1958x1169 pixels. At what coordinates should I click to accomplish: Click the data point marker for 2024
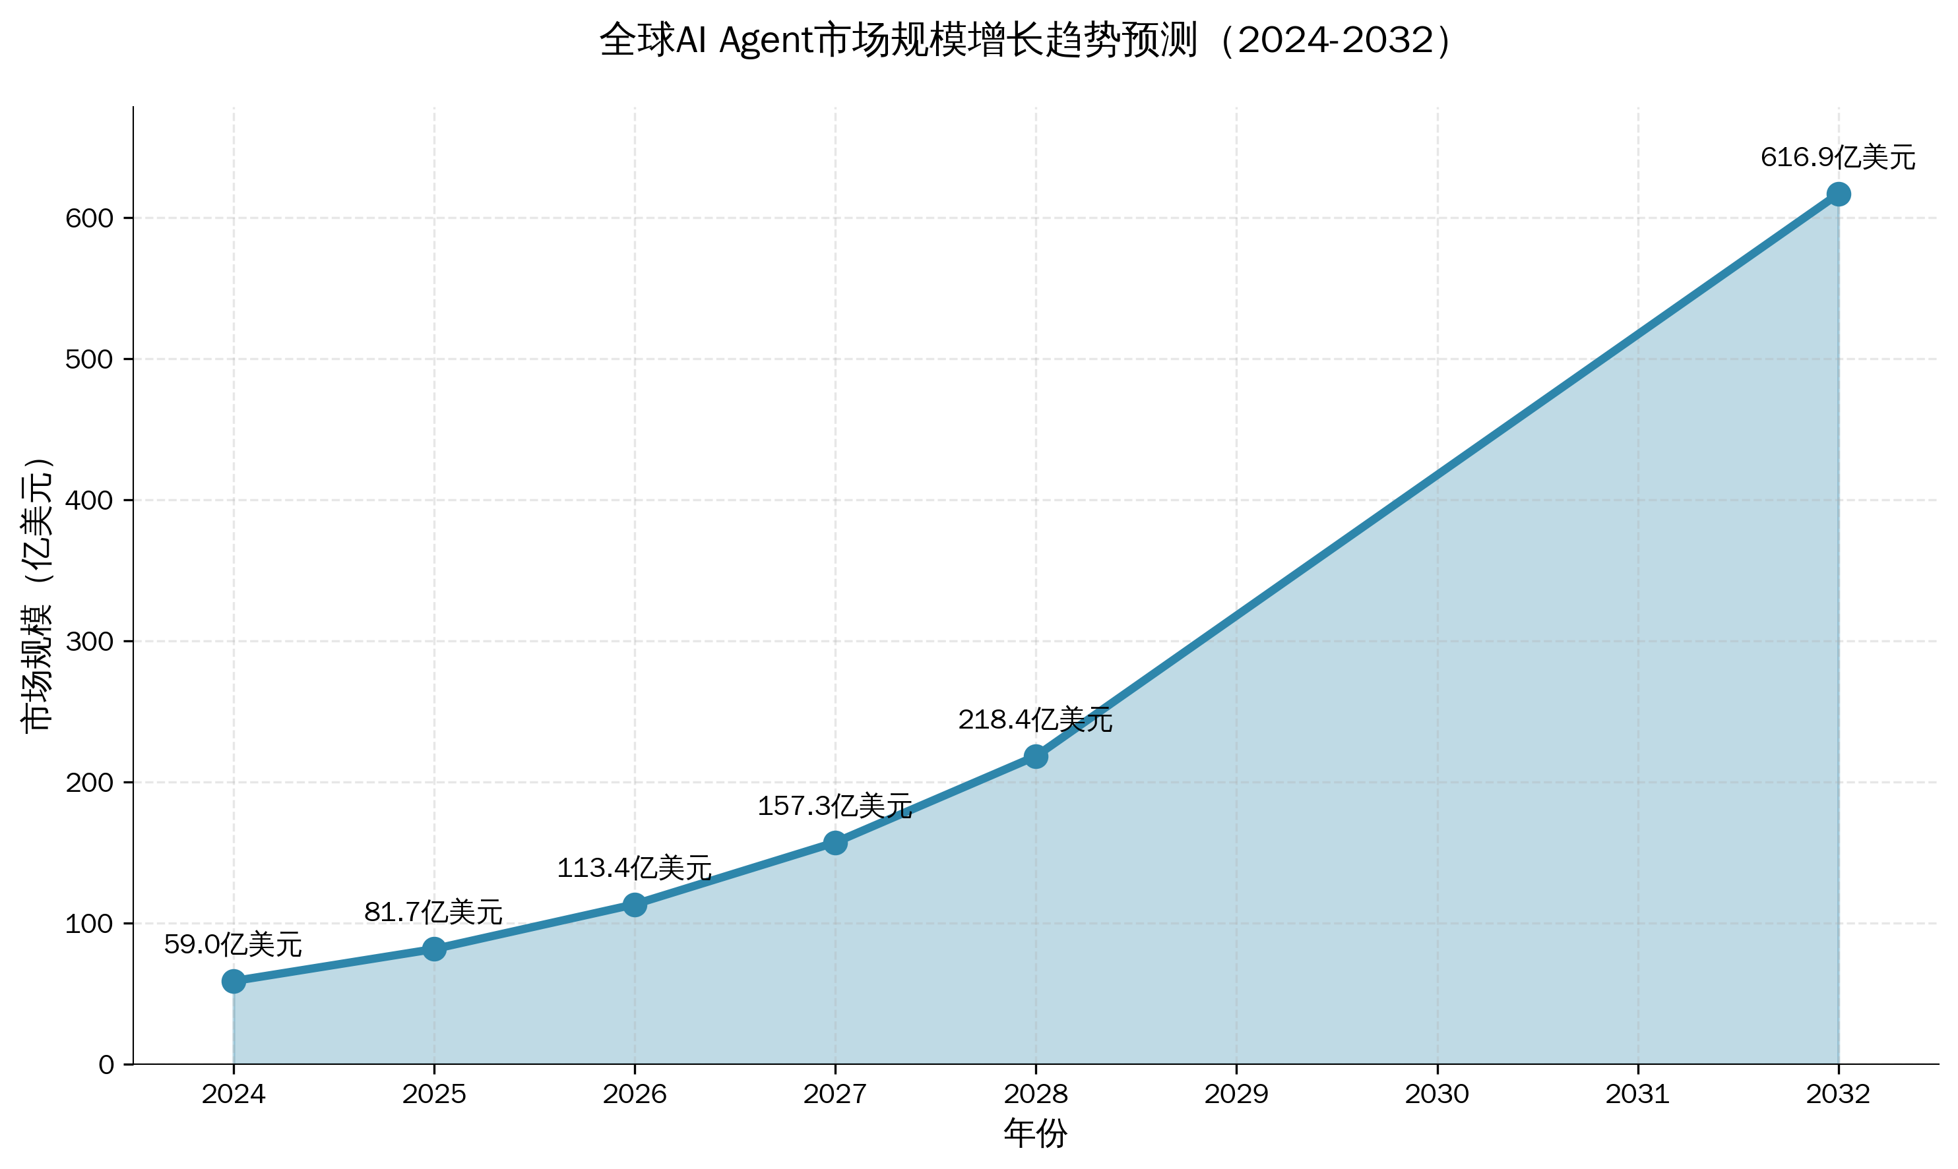click(234, 980)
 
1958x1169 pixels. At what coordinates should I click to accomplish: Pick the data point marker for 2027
click(835, 843)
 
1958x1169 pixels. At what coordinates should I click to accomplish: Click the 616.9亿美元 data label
click(1837, 158)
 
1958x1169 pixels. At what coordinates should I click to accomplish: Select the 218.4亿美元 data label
click(1034, 719)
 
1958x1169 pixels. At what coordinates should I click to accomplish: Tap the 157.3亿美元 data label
click(835, 806)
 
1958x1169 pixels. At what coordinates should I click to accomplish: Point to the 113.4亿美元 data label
click(633, 868)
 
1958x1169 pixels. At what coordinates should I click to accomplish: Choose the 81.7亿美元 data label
click(433, 913)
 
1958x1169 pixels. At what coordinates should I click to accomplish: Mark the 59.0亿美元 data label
click(232, 944)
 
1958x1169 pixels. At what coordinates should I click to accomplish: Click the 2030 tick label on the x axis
click(1437, 1094)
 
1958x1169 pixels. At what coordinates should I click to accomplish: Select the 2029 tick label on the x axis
click(1236, 1094)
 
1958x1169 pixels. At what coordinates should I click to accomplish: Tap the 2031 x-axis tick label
click(1638, 1094)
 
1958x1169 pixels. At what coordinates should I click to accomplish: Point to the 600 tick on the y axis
click(89, 218)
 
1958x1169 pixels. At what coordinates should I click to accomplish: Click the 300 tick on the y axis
click(89, 642)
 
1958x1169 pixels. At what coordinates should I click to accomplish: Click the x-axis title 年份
click(1034, 1133)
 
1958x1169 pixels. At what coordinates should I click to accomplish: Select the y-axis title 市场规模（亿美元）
click(37, 594)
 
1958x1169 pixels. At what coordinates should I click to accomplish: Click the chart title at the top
click(1025, 40)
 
